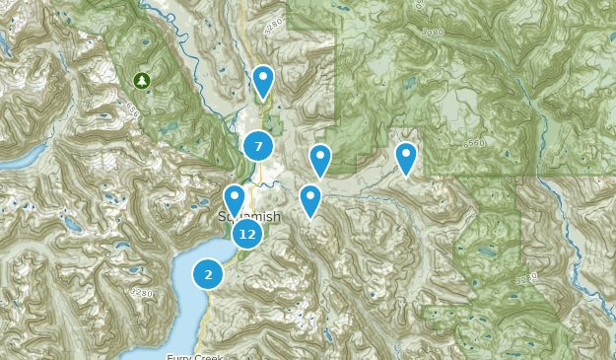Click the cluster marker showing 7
(258, 147)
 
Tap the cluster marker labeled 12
(247, 234)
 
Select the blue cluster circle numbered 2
(208, 274)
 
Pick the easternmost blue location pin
(406, 158)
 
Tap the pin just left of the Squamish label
(235, 199)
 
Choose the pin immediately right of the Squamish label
(310, 200)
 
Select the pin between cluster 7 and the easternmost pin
(320, 159)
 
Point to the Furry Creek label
(195, 356)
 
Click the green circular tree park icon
(141, 80)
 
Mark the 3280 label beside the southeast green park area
(526, 279)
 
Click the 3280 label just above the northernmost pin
(273, 22)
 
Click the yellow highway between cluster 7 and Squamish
(258, 178)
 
